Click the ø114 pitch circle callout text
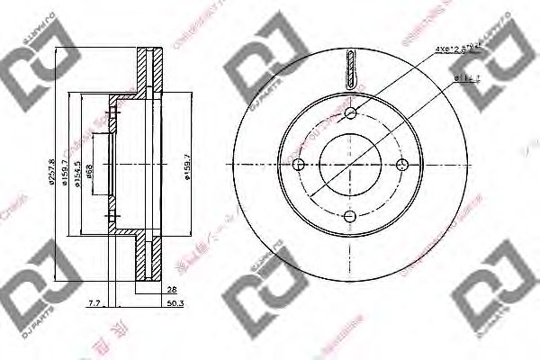(x=467, y=79)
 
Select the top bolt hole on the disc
(x=351, y=112)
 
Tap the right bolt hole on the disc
(x=402, y=164)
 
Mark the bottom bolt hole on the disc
(x=351, y=215)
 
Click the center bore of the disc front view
(x=351, y=164)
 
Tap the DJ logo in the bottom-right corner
(x=491, y=306)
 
